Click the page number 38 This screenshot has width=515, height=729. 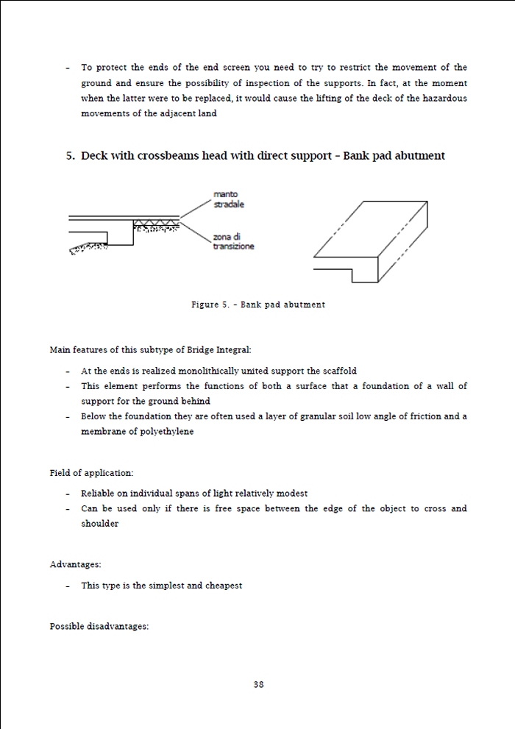(x=258, y=684)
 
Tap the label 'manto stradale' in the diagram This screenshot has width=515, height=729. (x=228, y=199)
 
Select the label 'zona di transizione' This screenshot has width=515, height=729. (x=233, y=241)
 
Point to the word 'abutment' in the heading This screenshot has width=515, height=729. (x=417, y=156)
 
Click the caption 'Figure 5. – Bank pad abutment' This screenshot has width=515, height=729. (x=257, y=305)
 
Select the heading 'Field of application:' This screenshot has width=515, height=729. (x=91, y=472)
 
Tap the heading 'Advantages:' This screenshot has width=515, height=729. (x=75, y=564)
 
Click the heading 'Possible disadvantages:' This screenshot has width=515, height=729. (x=99, y=626)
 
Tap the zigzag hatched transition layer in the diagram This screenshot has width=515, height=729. (x=156, y=222)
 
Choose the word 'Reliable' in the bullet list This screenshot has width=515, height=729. (x=99, y=494)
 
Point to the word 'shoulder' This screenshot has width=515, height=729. (x=99, y=524)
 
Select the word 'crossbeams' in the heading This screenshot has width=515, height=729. (x=156, y=156)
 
